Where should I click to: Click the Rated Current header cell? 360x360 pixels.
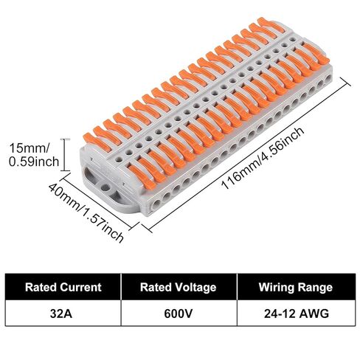pos(63,287)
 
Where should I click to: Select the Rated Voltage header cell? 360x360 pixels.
pos(179,287)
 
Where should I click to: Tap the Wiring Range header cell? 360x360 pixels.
pos(296,287)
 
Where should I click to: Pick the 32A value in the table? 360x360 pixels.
pos(61,314)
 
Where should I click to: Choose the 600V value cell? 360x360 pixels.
pos(179,314)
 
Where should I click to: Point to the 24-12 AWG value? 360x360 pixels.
pos(297,314)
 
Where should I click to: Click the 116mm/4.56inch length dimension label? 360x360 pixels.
pos(263,158)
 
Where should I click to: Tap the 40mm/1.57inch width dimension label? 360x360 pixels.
pos(86,212)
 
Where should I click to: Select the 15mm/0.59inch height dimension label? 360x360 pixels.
pos(34,155)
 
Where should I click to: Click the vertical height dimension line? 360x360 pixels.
pos(65,155)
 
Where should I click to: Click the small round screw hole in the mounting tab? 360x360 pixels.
pos(105,187)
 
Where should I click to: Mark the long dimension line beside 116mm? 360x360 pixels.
pos(246,155)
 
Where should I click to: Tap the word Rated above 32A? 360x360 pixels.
pos(41,287)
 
